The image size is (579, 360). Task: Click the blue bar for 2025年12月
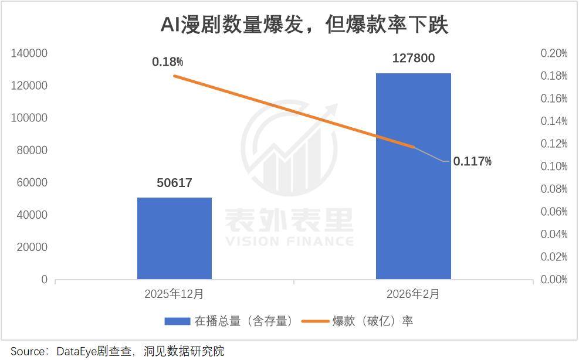(x=174, y=238)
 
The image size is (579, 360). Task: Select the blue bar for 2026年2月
(x=413, y=176)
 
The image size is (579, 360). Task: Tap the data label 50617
(x=174, y=183)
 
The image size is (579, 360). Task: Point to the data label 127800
(x=414, y=58)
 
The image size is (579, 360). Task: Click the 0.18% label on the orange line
(x=167, y=62)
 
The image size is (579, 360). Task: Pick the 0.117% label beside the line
(x=472, y=161)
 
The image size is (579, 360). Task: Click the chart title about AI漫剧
(x=304, y=25)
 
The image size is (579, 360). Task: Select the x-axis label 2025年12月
(x=174, y=294)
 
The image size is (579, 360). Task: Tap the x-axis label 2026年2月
(x=413, y=294)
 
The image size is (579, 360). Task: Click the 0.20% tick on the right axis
(x=554, y=53)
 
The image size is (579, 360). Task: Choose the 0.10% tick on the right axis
(x=554, y=167)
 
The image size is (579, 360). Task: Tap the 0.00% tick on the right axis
(x=554, y=280)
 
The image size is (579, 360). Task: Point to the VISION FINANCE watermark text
(x=289, y=241)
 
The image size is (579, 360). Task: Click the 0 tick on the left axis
(x=44, y=280)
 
